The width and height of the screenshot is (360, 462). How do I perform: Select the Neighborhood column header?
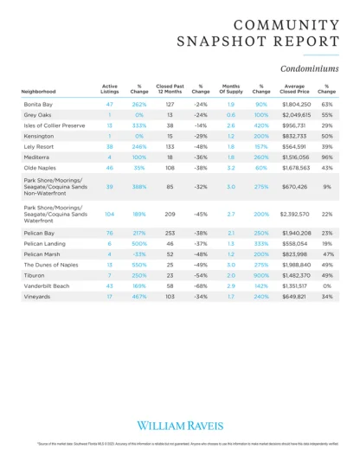coord(40,90)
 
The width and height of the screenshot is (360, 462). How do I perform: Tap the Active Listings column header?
coord(110,87)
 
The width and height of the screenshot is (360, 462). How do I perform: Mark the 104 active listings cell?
coord(110,213)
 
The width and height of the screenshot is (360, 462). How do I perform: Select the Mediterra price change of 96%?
coord(327,157)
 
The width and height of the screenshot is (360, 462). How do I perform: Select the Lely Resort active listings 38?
coord(110,147)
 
